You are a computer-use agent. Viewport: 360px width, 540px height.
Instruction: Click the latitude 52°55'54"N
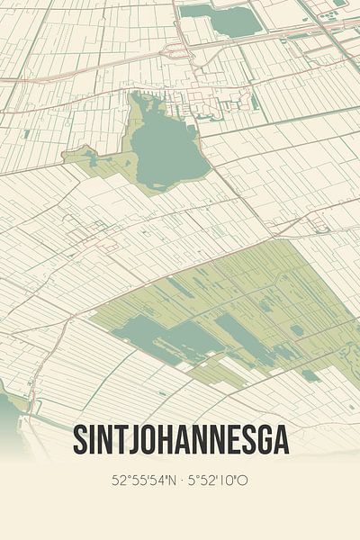[143, 481]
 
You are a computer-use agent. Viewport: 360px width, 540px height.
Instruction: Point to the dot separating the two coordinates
[182, 481]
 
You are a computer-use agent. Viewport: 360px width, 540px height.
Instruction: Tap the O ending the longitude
[243, 481]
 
